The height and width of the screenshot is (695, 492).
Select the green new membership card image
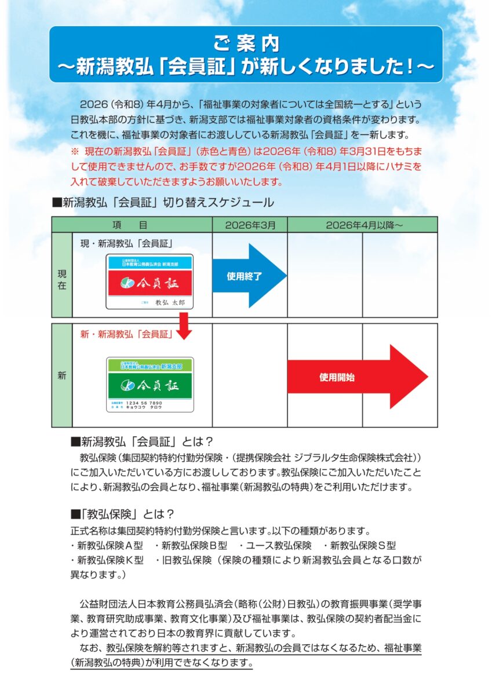[x=150, y=385]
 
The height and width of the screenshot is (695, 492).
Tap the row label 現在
[x=62, y=276]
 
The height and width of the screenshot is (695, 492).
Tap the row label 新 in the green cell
[x=62, y=375]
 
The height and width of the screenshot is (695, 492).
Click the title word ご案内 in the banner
[x=246, y=44]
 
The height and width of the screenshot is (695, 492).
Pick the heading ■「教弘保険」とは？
[x=122, y=513]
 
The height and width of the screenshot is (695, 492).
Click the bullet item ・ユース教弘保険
[x=275, y=545]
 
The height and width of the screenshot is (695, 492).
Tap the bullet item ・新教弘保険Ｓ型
[x=359, y=545]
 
